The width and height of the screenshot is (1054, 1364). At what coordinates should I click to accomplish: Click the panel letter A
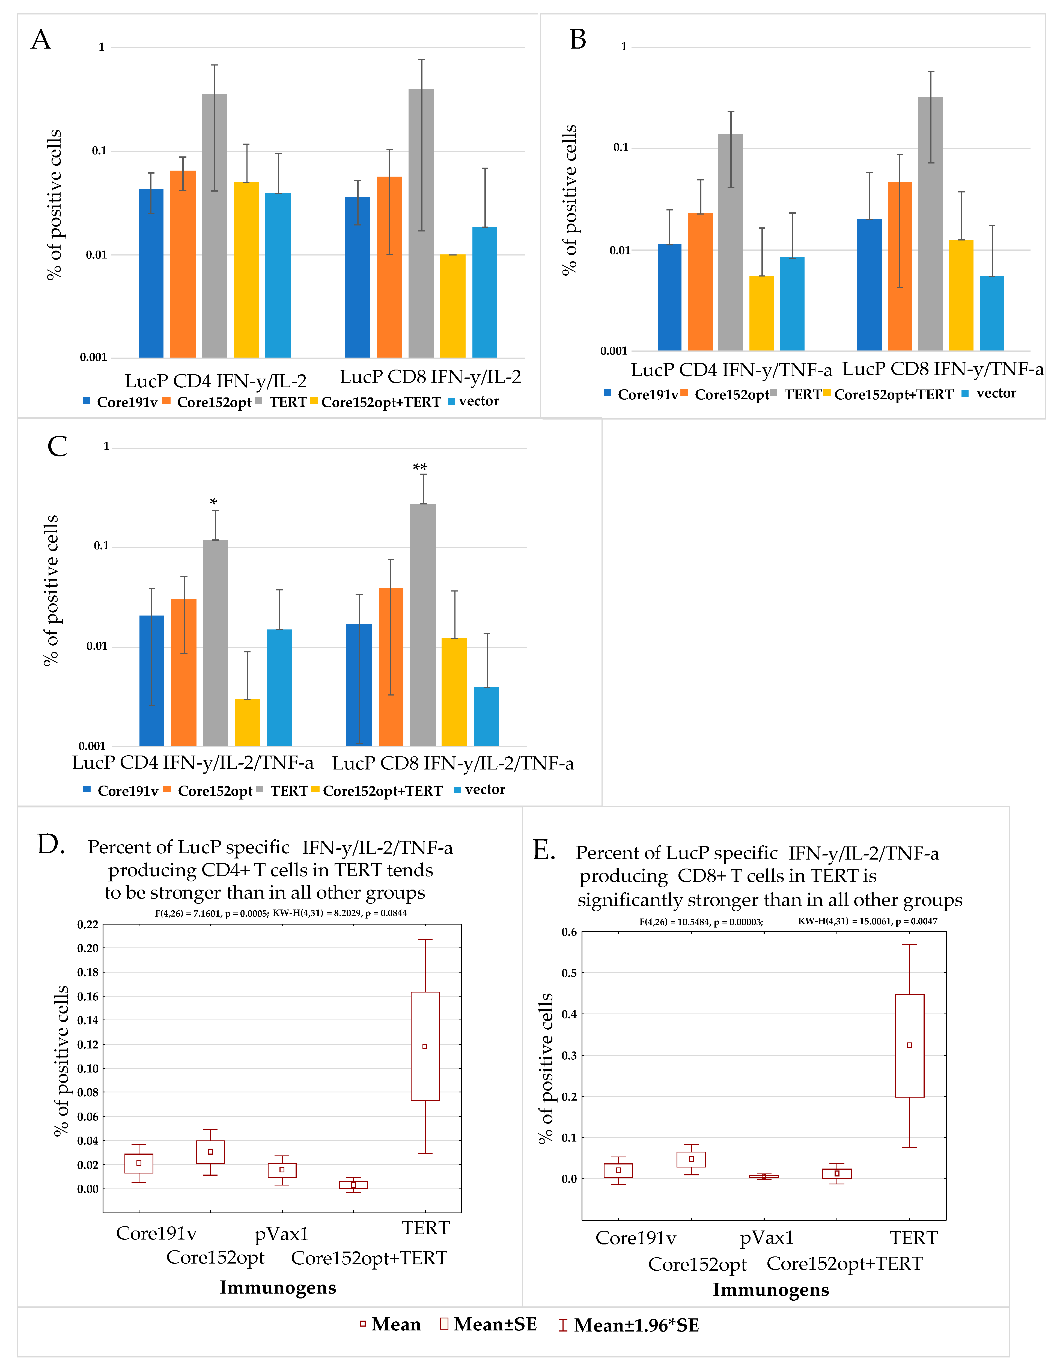click(41, 40)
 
